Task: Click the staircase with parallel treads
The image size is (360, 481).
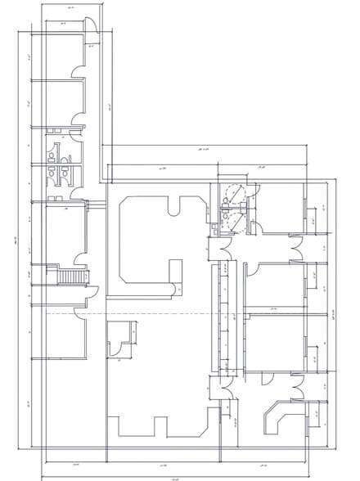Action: (x=72, y=278)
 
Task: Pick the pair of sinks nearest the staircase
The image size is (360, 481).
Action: (x=57, y=198)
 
